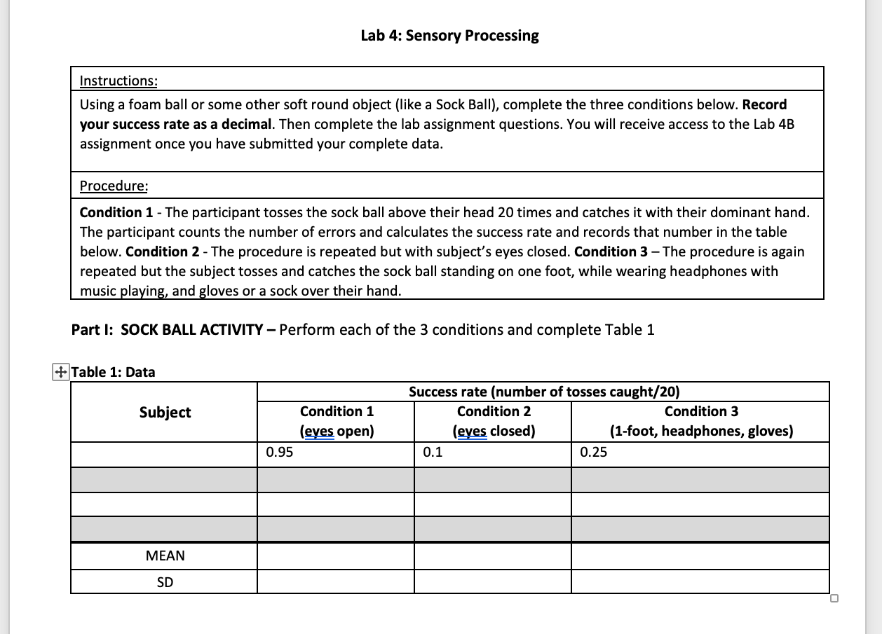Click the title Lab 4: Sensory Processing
pos(449,36)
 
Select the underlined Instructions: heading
pos(118,81)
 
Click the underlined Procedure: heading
pos(114,186)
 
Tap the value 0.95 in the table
pos(280,453)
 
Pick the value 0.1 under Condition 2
pos(433,453)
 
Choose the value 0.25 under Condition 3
pos(594,453)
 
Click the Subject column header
pos(165,413)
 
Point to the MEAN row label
pos(165,556)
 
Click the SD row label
pos(165,582)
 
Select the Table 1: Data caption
pos(114,372)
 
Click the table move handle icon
pos(61,372)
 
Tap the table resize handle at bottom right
pos(833,598)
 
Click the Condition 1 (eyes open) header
pos(337,421)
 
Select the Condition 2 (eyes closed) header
pos(494,421)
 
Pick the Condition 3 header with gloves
pos(700,421)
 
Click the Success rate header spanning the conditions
pos(543,392)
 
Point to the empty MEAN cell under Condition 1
pos(335,556)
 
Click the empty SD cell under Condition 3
pos(700,582)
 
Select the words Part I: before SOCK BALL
pos(93,330)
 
